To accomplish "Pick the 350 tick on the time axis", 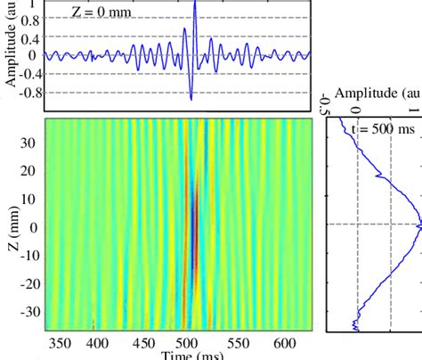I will [59, 342].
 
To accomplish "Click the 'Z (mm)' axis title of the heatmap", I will [11, 226].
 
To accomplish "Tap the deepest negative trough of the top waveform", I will [191, 98].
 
